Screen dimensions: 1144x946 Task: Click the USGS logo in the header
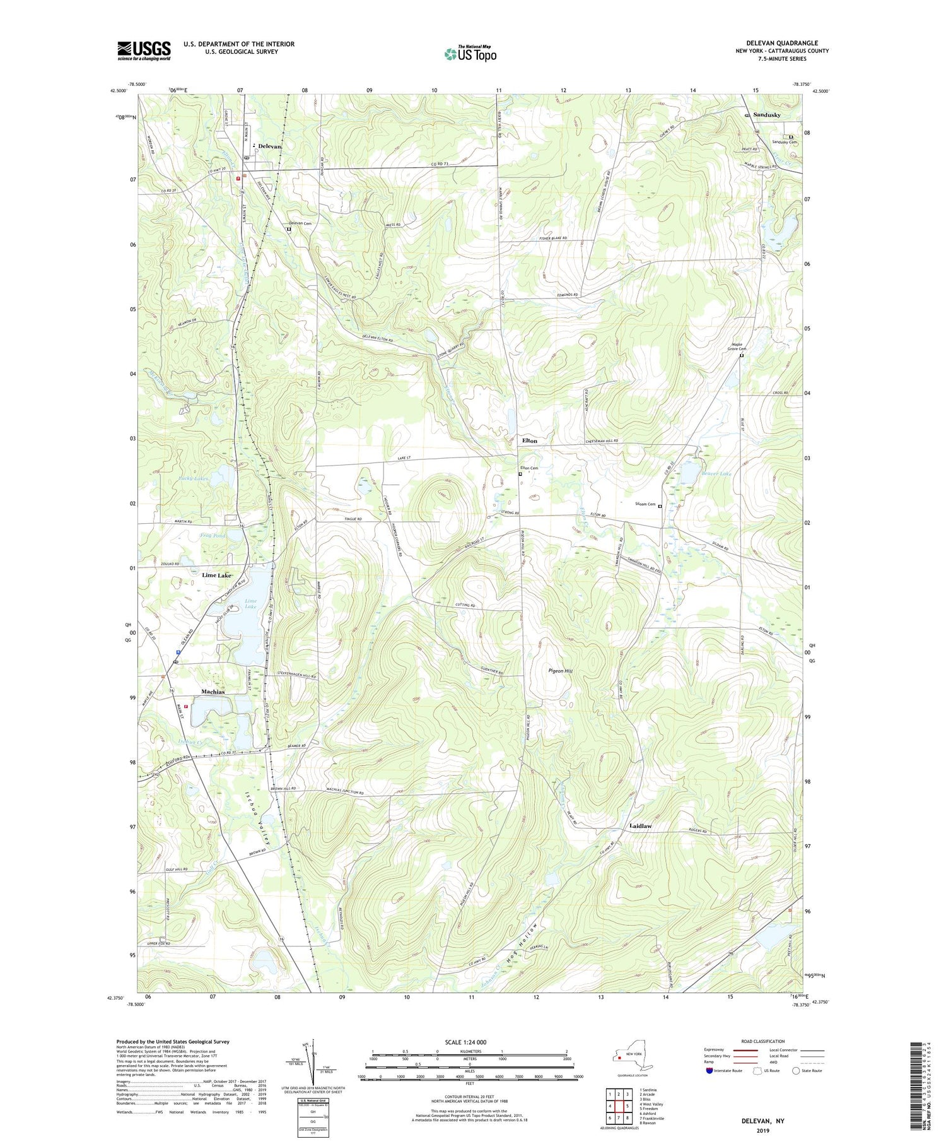pos(144,50)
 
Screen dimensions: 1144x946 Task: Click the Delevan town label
pos(269,146)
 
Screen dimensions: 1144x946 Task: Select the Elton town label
pos(530,440)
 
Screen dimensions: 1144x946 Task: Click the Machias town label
pos(213,692)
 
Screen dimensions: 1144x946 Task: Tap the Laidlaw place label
pos(640,825)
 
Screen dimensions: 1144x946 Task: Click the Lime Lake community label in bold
pos(216,575)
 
